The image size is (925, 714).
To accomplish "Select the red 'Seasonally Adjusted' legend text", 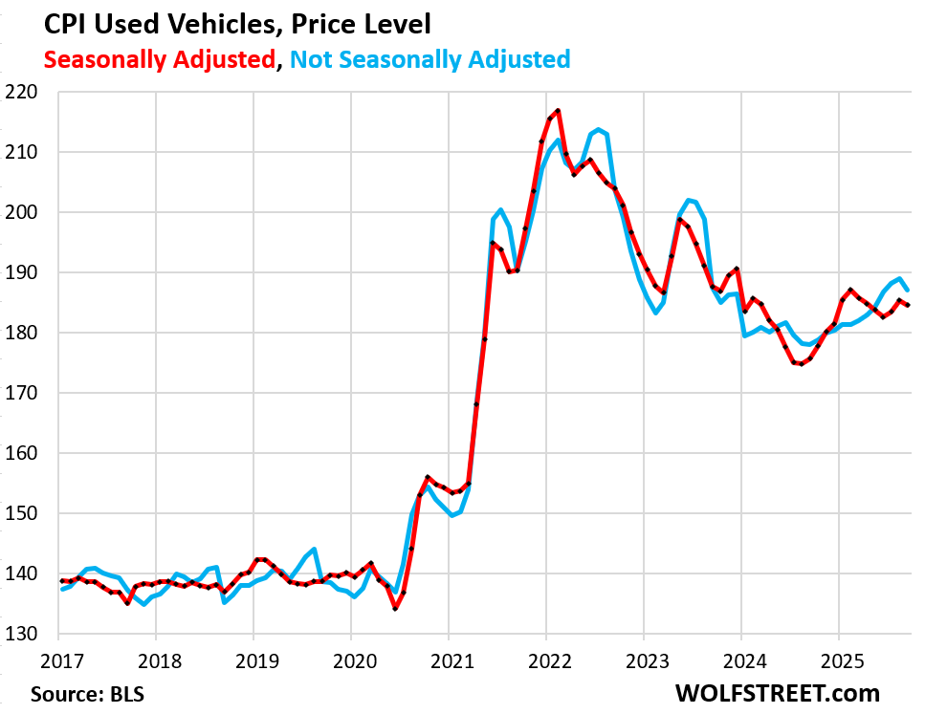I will pyautogui.click(x=159, y=59).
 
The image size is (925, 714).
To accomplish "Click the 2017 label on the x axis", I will pyautogui.click(x=58, y=660).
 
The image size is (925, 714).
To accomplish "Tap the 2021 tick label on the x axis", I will pyautogui.click(x=448, y=660).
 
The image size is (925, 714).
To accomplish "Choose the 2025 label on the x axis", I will pyautogui.click(x=838, y=660).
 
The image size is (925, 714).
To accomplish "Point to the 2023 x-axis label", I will pyautogui.click(x=643, y=660).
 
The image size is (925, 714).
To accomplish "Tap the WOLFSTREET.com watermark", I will pyautogui.click(x=776, y=691).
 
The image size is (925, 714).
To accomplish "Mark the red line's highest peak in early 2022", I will pyautogui.click(x=558, y=111).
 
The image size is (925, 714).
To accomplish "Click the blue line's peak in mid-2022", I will pyautogui.click(x=598, y=129).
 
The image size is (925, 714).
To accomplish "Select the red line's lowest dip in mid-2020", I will pyautogui.click(x=395, y=608).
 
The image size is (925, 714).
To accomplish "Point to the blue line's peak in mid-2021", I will pyautogui.click(x=500, y=209).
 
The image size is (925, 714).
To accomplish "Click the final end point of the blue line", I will pyautogui.click(x=908, y=290).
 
